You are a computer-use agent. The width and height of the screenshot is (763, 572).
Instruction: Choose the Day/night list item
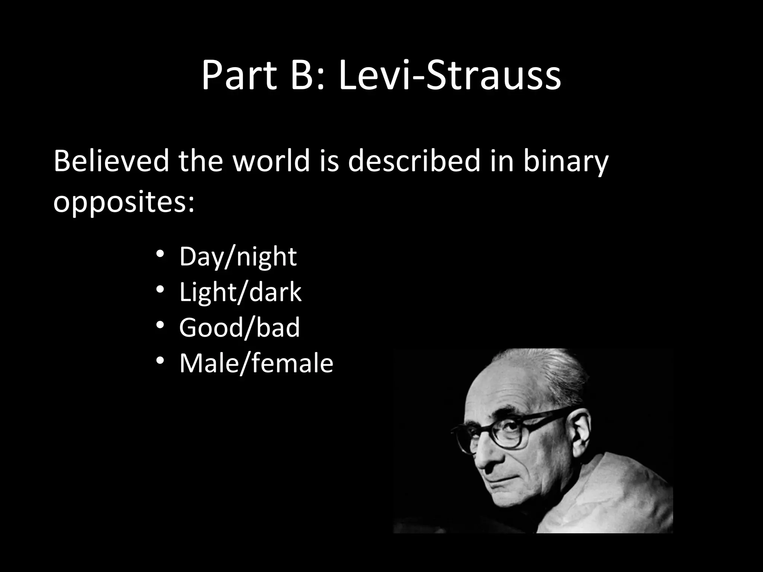[238, 257]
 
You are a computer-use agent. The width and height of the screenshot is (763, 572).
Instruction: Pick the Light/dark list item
[240, 292]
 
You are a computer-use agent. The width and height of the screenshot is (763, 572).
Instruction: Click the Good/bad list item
[240, 328]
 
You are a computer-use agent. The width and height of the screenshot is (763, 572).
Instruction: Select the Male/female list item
[256, 363]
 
